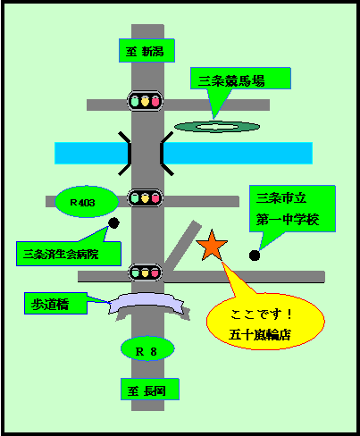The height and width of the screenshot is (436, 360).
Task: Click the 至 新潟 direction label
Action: (x=147, y=51)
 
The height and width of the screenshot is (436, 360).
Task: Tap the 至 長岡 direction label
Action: (x=150, y=390)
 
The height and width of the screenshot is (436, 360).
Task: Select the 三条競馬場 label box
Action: (x=240, y=79)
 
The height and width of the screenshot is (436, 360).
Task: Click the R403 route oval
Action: (x=87, y=202)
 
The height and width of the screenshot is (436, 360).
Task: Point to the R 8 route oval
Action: (x=147, y=348)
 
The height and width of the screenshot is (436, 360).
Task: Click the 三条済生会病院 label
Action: (x=69, y=254)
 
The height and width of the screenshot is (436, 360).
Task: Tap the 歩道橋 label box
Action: (x=55, y=304)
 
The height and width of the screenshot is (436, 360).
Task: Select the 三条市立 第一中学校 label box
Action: (x=292, y=208)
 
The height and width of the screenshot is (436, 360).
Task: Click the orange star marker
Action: (x=212, y=247)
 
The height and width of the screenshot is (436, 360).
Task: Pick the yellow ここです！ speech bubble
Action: (x=265, y=322)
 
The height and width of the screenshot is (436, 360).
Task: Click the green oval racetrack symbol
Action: (x=217, y=127)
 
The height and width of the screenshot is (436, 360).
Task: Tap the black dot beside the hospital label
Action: (x=113, y=222)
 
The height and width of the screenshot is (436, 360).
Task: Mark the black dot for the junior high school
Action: (x=255, y=256)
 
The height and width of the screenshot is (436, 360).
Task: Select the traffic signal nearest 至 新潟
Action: (x=145, y=101)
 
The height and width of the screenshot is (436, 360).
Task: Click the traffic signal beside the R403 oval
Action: (x=145, y=197)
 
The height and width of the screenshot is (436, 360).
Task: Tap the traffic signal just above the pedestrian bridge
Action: (x=145, y=272)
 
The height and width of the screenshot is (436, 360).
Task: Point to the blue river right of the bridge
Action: (x=239, y=153)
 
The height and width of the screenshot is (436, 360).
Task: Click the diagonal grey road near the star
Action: (x=183, y=246)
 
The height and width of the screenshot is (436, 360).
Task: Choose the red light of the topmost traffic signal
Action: (x=155, y=102)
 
